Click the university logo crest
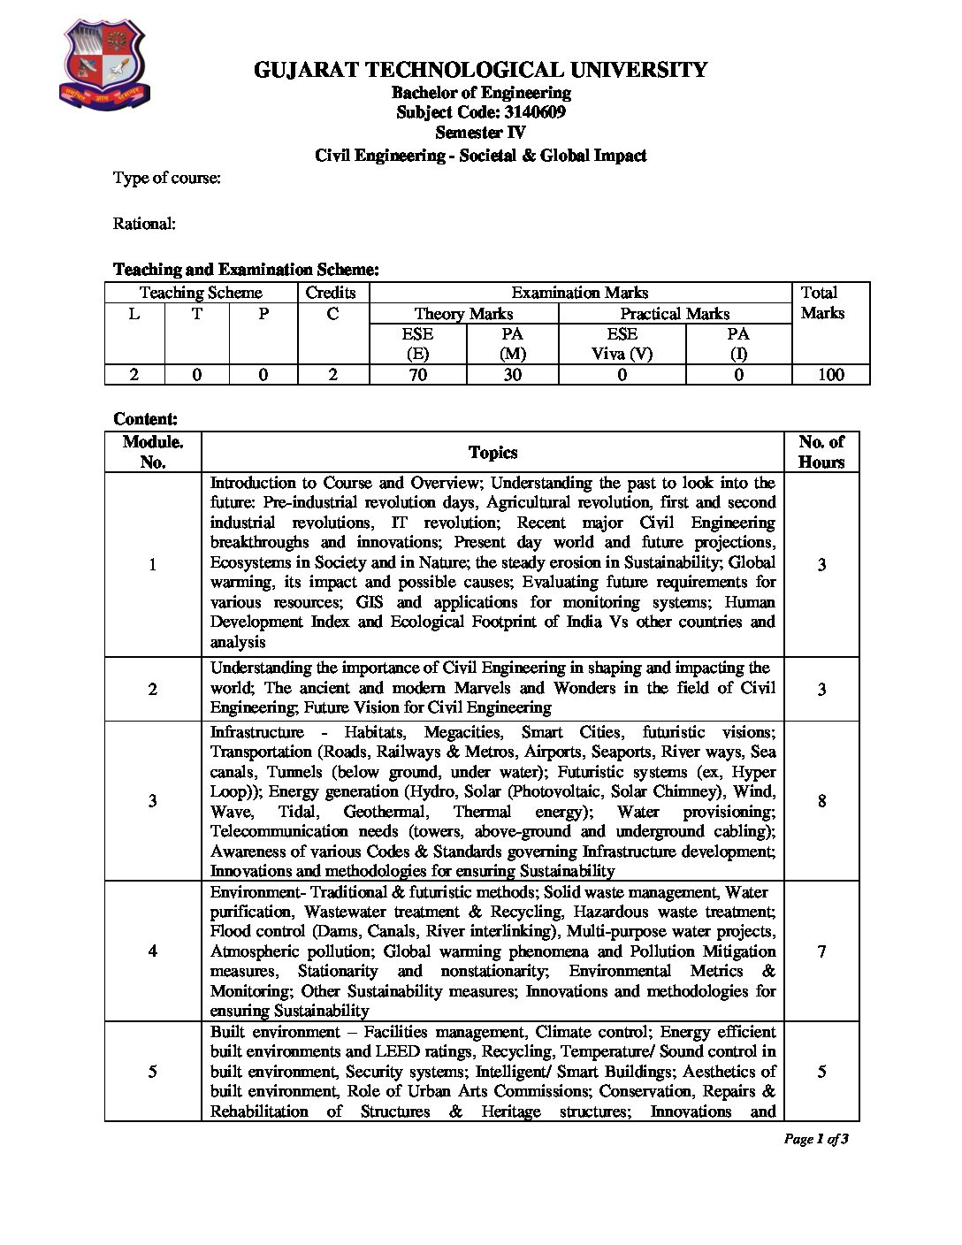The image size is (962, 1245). [104, 66]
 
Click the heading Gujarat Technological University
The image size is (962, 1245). [480, 70]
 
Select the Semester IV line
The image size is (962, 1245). [480, 134]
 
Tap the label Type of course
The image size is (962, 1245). [166, 178]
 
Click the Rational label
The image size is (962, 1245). [144, 224]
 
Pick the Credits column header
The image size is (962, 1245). [331, 293]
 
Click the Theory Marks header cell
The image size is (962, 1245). [463, 314]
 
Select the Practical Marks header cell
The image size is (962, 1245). [675, 314]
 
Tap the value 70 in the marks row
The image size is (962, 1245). [417, 375]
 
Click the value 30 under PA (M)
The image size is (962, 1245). [512, 375]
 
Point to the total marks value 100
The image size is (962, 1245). [830, 375]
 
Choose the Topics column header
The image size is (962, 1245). [492, 453]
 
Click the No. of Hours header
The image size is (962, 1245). [821, 452]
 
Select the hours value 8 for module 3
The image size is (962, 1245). [821, 801]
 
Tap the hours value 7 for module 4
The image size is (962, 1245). [821, 951]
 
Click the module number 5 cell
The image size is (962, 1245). [153, 1072]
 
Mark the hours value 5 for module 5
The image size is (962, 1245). [821, 1072]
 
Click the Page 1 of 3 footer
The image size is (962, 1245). [816, 1139]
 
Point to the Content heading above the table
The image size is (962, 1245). [146, 419]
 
